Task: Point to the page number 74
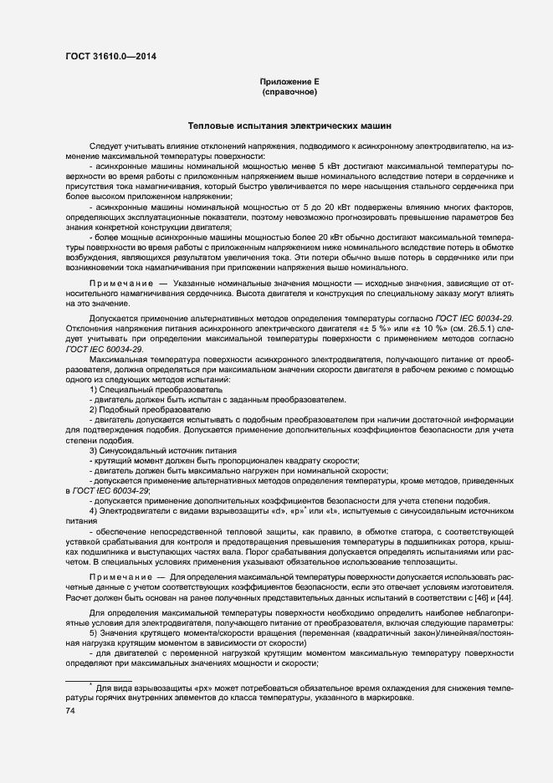pos(70,711)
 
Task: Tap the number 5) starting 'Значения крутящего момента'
pos(94,633)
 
